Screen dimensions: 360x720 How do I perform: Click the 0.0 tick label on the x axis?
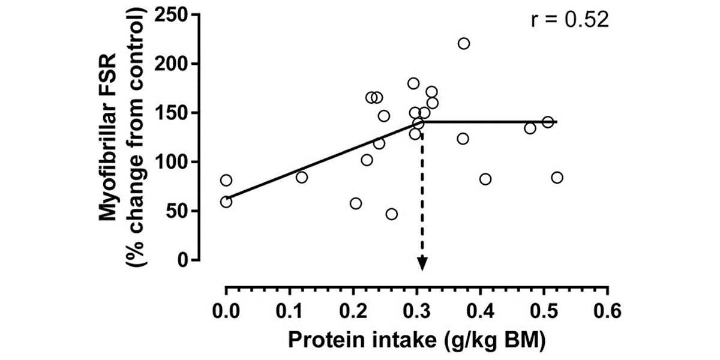(226, 313)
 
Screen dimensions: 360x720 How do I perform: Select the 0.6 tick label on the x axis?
(608, 313)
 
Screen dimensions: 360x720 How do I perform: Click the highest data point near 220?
(464, 43)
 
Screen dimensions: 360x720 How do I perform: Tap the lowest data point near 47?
(392, 214)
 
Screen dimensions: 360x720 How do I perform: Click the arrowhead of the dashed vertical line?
(422, 264)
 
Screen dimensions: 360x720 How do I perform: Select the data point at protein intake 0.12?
(302, 177)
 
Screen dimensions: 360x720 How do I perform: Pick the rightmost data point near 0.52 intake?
(557, 177)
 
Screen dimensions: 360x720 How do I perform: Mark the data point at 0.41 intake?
(485, 179)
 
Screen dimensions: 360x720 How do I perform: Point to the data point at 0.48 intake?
(530, 128)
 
